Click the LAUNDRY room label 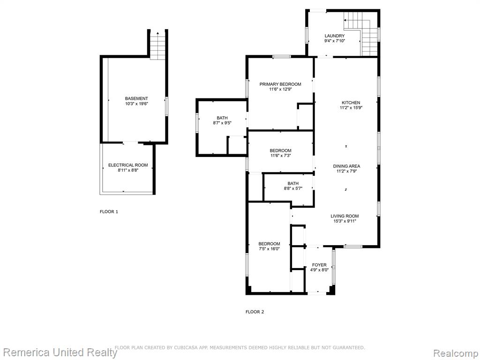pyautogui.click(x=335, y=36)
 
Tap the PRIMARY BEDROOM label pyautogui.click(x=280, y=84)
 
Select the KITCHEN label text pyautogui.click(x=351, y=103)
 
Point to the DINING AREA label pyautogui.click(x=346, y=166)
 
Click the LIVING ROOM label pyautogui.click(x=345, y=216)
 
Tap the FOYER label pyautogui.click(x=319, y=265)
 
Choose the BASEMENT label pyautogui.click(x=136, y=98)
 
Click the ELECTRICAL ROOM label pyautogui.click(x=128, y=165)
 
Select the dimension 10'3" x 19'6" pyautogui.click(x=136, y=104)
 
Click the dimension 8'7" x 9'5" pyautogui.click(x=222, y=123)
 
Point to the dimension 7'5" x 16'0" pyautogui.click(x=269, y=249)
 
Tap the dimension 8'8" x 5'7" pyautogui.click(x=293, y=188)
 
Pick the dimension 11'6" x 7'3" pyautogui.click(x=280, y=156)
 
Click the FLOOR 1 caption pyautogui.click(x=109, y=211)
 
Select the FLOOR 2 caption pyautogui.click(x=255, y=312)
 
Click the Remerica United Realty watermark pyautogui.click(x=60, y=352)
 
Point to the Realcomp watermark pyautogui.click(x=456, y=353)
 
